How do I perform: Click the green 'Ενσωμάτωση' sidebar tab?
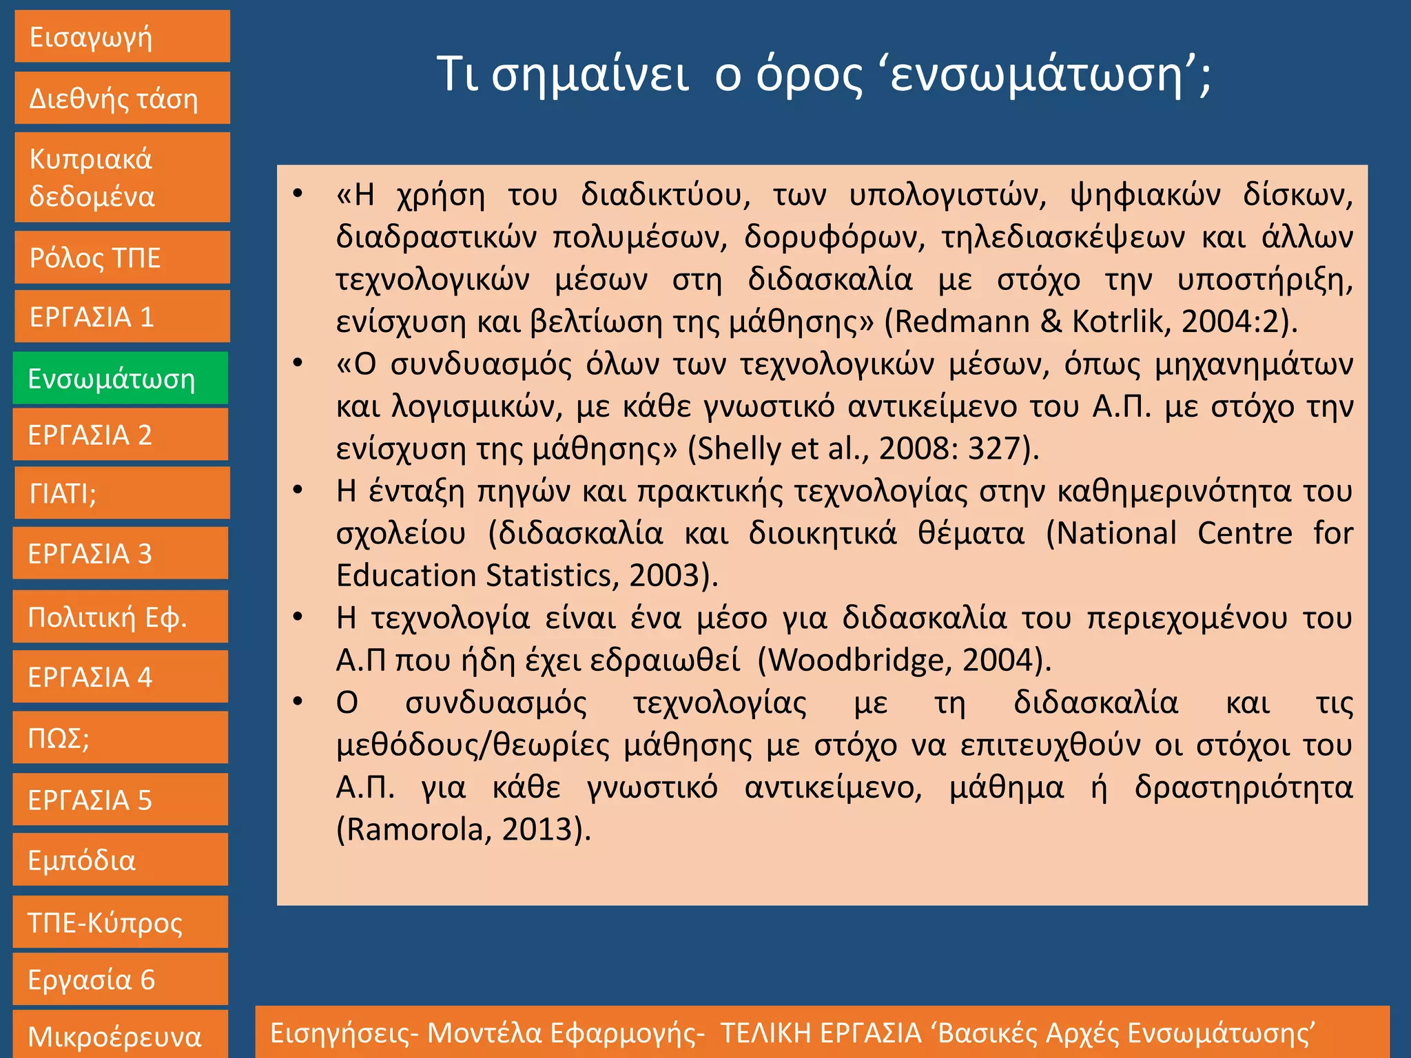pyautogui.click(x=121, y=378)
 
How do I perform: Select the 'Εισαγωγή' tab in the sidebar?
pyautogui.click(x=122, y=37)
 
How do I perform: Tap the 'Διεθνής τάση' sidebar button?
pyautogui.click(x=122, y=98)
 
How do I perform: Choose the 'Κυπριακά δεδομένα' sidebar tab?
pyautogui.click(x=122, y=178)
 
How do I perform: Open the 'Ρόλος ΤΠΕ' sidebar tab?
pyautogui.click(x=122, y=258)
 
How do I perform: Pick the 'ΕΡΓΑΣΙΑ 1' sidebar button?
pyautogui.click(x=122, y=317)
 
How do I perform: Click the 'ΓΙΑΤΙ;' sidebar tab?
pyautogui.click(x=122, y=493)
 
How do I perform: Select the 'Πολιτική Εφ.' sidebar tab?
pyautogui.click(x=121, y=617)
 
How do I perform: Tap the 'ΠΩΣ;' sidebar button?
pyautogui.click(x=121, y=738)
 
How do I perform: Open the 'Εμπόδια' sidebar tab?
pyautogui.click(x=121, y=860)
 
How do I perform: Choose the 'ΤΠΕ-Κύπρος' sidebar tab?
pyautogui.click(x=121, y=922)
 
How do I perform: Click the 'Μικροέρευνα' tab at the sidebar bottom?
pyautogui.click(x=121, y=1035)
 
